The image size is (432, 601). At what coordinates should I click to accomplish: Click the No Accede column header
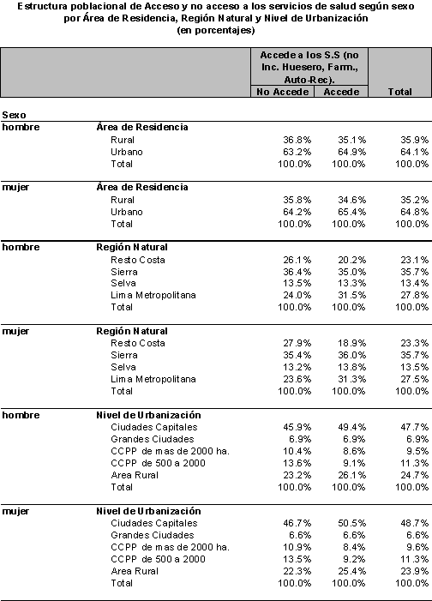tap(283, 92)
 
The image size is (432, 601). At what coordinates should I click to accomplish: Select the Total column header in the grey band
tap(399, 92)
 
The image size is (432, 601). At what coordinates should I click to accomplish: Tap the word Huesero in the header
tap(305, 68)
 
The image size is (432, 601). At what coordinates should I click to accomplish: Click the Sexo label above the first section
tap(15, 115)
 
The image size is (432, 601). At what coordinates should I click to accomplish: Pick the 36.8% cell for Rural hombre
tap(297, 140)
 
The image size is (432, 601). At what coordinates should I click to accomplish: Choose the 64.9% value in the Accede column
tap(352, 152)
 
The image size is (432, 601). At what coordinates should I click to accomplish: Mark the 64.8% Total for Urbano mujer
tap(415, 212)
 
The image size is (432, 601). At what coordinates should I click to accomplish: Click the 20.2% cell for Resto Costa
tap(352, 260)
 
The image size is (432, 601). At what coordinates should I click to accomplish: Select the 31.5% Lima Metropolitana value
tap(352, 295)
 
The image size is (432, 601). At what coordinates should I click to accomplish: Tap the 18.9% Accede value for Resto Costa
tap(352, 343)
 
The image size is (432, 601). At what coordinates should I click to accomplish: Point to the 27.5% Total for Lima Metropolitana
tap(415, 379)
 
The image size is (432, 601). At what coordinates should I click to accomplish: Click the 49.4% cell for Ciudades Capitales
tap(352, 427)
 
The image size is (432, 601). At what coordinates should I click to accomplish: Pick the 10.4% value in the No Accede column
tap(297, 451)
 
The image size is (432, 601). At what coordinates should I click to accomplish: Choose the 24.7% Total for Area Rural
tap(415, 475)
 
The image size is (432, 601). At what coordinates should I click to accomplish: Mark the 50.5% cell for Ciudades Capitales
tap(352, 523)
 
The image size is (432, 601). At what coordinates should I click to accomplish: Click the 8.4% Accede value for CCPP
tap(355, 547)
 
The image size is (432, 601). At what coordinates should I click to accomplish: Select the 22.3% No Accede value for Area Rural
tap(297, 571)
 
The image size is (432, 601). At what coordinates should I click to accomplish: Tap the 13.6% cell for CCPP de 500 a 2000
tap(297, 463)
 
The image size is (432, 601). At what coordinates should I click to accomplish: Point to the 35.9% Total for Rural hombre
tap(415, 140)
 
